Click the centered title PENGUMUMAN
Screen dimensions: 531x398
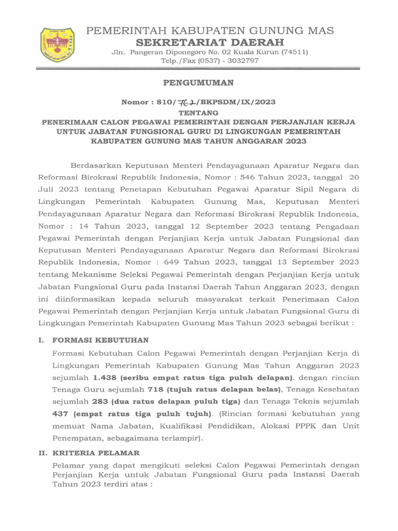(198, 82)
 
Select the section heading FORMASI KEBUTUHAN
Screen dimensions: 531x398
(100, 340)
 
